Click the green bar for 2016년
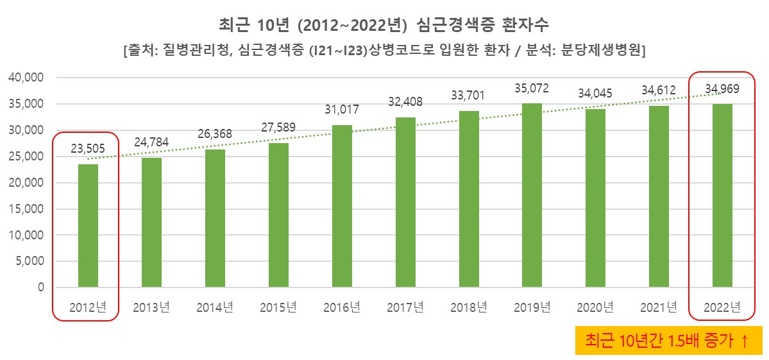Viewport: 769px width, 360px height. point(342,206)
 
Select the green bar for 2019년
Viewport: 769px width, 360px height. point(532,195)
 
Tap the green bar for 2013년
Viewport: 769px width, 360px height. point(151,222)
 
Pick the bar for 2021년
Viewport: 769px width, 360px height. point(659,196)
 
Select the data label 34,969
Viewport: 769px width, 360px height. point(722,87)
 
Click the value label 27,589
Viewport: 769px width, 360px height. point(278,126)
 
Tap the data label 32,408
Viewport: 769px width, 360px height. point(405,101)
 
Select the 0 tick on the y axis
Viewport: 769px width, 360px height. point(40,287)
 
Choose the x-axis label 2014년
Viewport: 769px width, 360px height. point(215,307)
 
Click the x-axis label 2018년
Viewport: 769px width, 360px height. point(469,307)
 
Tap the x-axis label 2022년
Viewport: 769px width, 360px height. point(722,307)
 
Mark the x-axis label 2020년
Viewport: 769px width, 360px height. point(596,307)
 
